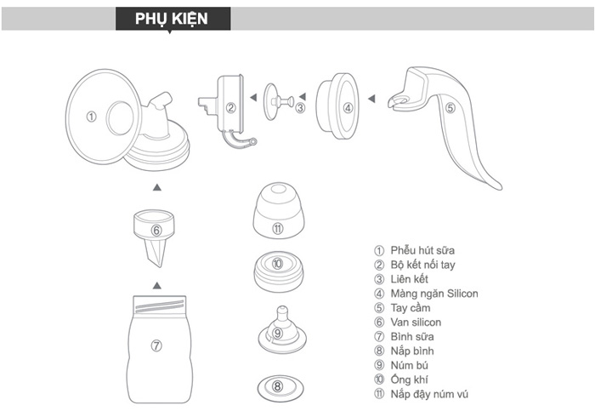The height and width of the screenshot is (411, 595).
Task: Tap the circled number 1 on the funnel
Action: click(92, 116)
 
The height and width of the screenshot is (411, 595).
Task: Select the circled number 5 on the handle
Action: click(450, 108)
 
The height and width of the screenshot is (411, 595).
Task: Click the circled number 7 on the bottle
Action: click(156, 345)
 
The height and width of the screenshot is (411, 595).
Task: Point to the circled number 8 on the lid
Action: click(278, 385)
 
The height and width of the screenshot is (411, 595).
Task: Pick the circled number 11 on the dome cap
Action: click(278, 228)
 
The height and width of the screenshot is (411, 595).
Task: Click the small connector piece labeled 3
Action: click(280, 104)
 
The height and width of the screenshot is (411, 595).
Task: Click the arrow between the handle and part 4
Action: click(371, 99)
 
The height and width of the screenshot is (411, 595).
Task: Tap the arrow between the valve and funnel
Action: click(156, 186)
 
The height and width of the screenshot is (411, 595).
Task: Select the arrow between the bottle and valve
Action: click(156, 283)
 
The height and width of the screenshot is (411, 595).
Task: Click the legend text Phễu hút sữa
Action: click(422, 250)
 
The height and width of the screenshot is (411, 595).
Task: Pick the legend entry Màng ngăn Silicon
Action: click(433, 294)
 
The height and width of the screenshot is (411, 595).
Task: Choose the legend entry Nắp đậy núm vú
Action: click(430, 394)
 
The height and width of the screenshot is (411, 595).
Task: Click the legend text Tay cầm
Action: click(411, 308)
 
